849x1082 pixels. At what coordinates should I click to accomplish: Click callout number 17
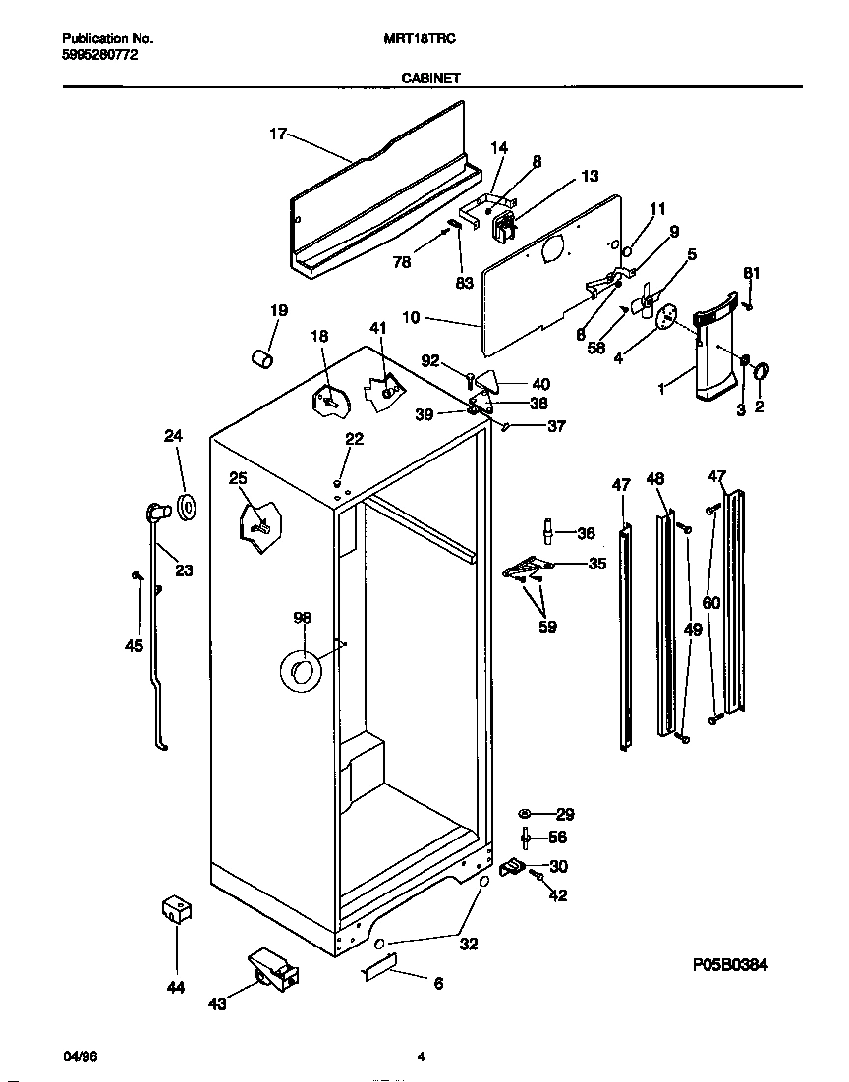tap(278, 135)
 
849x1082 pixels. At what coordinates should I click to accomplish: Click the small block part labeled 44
tap(175, 910)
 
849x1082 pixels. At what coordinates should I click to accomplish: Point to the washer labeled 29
tap(526, 814)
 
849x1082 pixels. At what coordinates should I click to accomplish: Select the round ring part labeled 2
tap(762, 371)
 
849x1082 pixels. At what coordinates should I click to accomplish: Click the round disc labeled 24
tap(183, 505)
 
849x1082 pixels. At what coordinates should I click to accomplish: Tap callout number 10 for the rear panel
tap(411, 317)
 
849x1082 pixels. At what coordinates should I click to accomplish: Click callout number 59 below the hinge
tap(547, 626)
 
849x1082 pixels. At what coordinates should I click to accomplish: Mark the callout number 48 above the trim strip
tap(655, 479)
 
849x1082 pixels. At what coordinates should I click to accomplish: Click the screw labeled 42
tap(538, 874)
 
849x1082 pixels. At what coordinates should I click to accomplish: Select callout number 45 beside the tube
tap(134, 645)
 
